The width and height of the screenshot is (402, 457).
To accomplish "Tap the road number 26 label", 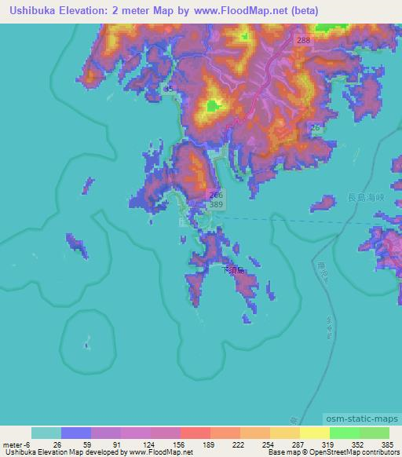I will pyautogui.click(x=315, y=127).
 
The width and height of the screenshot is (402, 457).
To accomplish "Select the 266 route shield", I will pyautogui.click(x=217, y=194).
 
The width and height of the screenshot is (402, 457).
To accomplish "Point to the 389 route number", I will pyautogui.click(x=217, y=204).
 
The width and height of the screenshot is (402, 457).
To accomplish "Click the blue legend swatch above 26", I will pyautogui.click(x=76, y=433).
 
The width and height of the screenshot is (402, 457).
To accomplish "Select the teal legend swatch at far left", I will pyautogui.click(x=46, y=433).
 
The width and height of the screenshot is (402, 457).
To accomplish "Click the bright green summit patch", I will pyautogui.click(x=212, y=106).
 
